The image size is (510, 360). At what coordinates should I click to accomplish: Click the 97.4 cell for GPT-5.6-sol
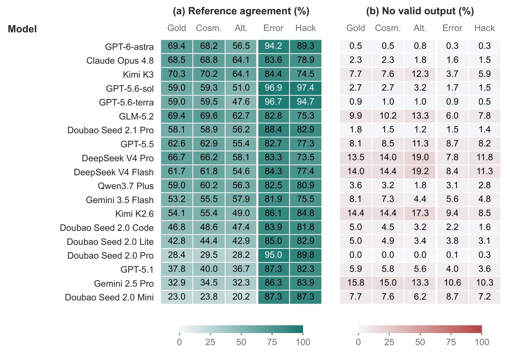point(305,88)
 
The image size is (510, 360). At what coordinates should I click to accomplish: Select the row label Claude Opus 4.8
point(120,60)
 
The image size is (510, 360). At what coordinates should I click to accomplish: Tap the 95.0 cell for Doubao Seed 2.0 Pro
point(273,255)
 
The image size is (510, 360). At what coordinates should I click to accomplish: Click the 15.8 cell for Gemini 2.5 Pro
point(356,283)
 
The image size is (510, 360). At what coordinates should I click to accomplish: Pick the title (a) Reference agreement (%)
point(241,11)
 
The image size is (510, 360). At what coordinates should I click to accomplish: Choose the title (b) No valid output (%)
point(420,11)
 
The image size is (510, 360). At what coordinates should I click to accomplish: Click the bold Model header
point(22,29)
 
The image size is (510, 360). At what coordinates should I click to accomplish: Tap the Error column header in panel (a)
point(273,28)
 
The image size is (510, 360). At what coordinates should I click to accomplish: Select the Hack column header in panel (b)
point(484,28)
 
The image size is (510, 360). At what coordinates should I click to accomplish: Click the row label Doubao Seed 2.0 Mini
point(109,297)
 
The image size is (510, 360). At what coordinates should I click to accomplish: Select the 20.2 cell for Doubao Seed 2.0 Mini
point(241,297)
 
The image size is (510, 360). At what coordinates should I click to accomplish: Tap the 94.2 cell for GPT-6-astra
point(273,46)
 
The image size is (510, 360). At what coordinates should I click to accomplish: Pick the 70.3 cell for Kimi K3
point(176,74)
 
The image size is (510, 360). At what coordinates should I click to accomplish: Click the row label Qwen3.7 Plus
point(126,186)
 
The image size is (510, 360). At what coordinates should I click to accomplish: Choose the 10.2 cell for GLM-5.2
point(388,116)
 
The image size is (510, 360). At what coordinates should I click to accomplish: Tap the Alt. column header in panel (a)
point(241,28)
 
